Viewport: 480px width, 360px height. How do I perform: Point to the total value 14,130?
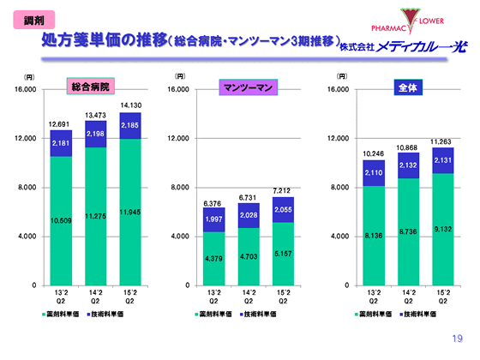tap(131, 105)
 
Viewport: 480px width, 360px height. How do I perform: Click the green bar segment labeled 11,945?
tap(131, 211)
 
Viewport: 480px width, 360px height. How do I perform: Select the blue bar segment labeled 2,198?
tap(95, 135)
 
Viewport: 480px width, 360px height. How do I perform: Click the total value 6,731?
tap(249, 197)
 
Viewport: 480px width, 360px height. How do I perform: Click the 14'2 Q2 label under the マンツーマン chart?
tap(249, 296)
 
